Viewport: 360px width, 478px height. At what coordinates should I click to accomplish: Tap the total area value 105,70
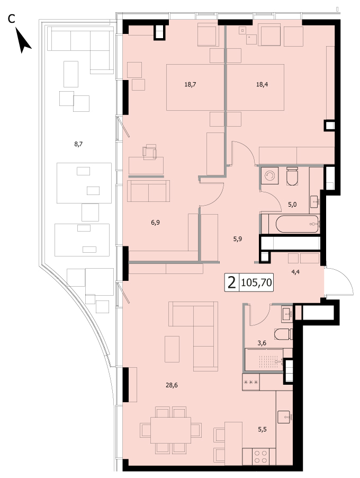click(256, 283)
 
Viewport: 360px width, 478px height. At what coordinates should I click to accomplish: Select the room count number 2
click(232, 283)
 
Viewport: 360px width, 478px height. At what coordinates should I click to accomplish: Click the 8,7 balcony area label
click(78, 144)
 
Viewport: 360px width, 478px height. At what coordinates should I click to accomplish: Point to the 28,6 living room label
click(172, 385)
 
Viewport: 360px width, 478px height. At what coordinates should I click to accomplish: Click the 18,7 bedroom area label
click(190, 84)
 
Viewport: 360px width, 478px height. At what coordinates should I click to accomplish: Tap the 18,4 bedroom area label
click(262, 84)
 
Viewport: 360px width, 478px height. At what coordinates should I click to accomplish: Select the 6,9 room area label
click(155, 223)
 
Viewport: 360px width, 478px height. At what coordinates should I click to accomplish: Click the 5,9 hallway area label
click(238, 239)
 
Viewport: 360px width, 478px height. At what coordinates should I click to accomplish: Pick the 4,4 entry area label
click(295, 272)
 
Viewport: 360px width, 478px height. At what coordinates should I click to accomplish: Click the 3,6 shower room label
click(262, 343)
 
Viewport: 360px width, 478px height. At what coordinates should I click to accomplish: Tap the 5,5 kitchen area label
click(262, 430)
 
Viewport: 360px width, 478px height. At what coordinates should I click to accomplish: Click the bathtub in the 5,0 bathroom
click(297, 224)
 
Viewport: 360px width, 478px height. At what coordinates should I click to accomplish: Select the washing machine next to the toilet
click(269, 175)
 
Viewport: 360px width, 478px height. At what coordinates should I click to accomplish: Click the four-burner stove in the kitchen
click(260, 457)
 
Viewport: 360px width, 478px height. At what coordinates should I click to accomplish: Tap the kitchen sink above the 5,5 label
click(284, 417)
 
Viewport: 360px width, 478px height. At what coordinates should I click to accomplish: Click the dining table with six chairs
click(171, 430)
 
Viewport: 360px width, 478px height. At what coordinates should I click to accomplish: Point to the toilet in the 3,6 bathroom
click(283, 334)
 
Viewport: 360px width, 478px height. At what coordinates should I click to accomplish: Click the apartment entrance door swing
click(339, 281)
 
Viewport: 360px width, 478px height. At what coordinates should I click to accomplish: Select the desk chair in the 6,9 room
click(149, 152)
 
